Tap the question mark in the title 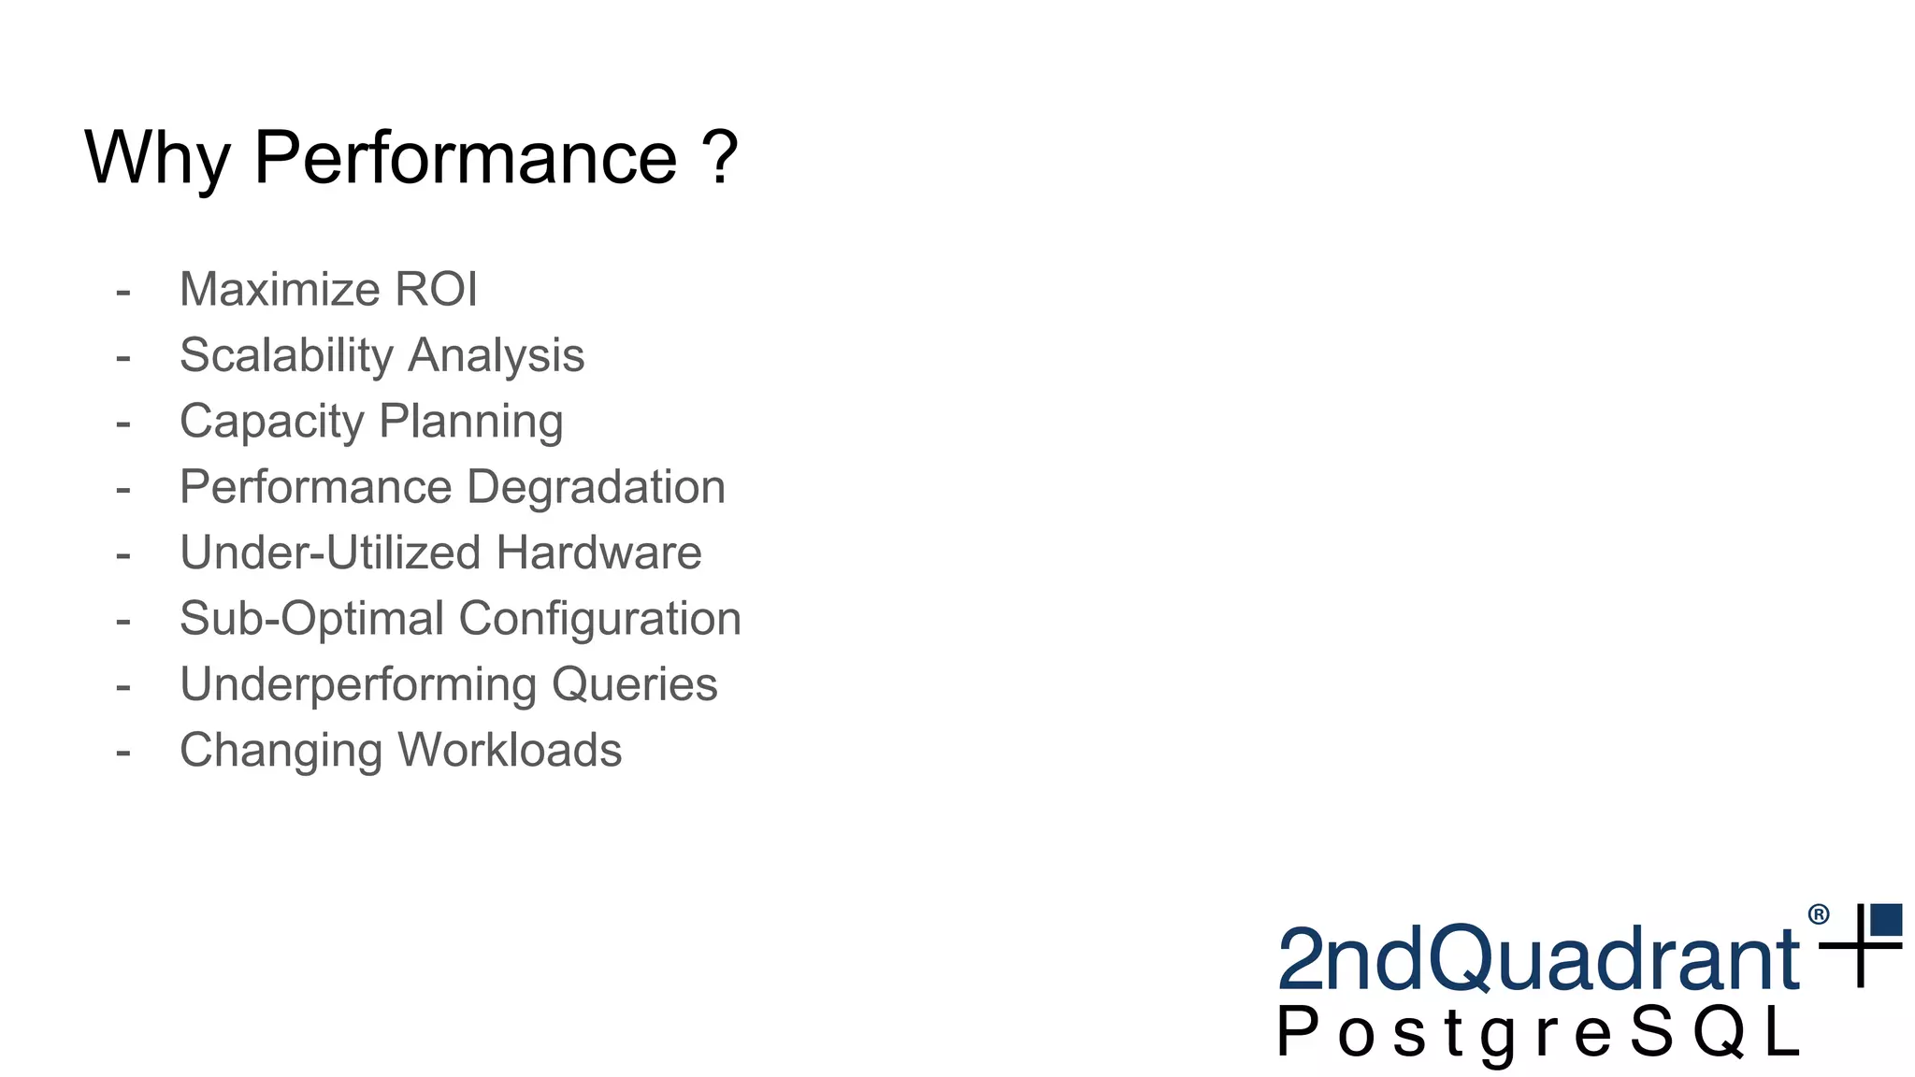[x=720, y=157]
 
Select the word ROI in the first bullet [x=436, y=289]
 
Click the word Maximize [x=281, y=289]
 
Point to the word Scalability [x=287, y=356]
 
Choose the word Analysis [x=497, y=355]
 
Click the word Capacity [x=271, y=422]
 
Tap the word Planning [x=471, y=422]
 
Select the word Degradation [x=596, y=487]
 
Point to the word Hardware [x=598, y=553]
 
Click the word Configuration [x=600, y=619]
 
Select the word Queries [x=635, y=685]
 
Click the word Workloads [x=510, y=750]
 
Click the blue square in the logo [x=1886, y=919]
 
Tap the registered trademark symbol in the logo [x=1819, y=914]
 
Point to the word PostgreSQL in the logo [x=1538, y=1034]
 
